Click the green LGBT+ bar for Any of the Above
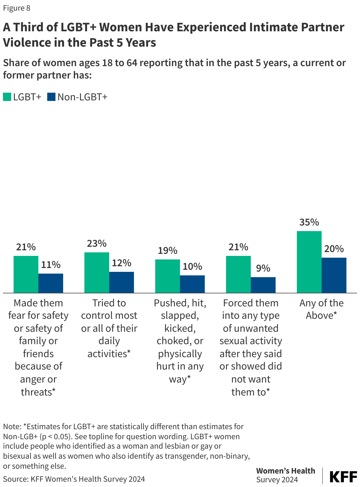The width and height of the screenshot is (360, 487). [x=309, y=262]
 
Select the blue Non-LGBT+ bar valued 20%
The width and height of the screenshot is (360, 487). [x=334, y=275]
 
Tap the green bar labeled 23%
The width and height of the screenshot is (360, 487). [x=96, y=272]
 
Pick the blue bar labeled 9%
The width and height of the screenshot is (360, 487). [x=263, y=285]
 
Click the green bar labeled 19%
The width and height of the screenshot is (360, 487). [x=167, y=276]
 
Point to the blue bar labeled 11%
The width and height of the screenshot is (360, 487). [x=50, y=283]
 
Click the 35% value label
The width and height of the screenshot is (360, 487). [x=309, y=222]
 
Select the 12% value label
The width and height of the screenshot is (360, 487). [x=121, y=263]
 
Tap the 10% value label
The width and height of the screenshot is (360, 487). [x=192, y=267]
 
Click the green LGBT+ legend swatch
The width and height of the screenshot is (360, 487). [x=7, y=97]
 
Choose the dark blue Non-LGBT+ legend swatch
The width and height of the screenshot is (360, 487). [x=51, y=97]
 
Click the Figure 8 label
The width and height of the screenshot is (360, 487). [x=17, y=8]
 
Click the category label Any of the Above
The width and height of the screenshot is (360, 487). [x=321, y=309]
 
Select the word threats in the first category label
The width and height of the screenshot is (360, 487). [x=36, y=392]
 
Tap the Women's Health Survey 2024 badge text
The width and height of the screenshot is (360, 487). [x=285, y=475]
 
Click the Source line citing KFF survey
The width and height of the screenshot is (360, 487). [x=74, y=479]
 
